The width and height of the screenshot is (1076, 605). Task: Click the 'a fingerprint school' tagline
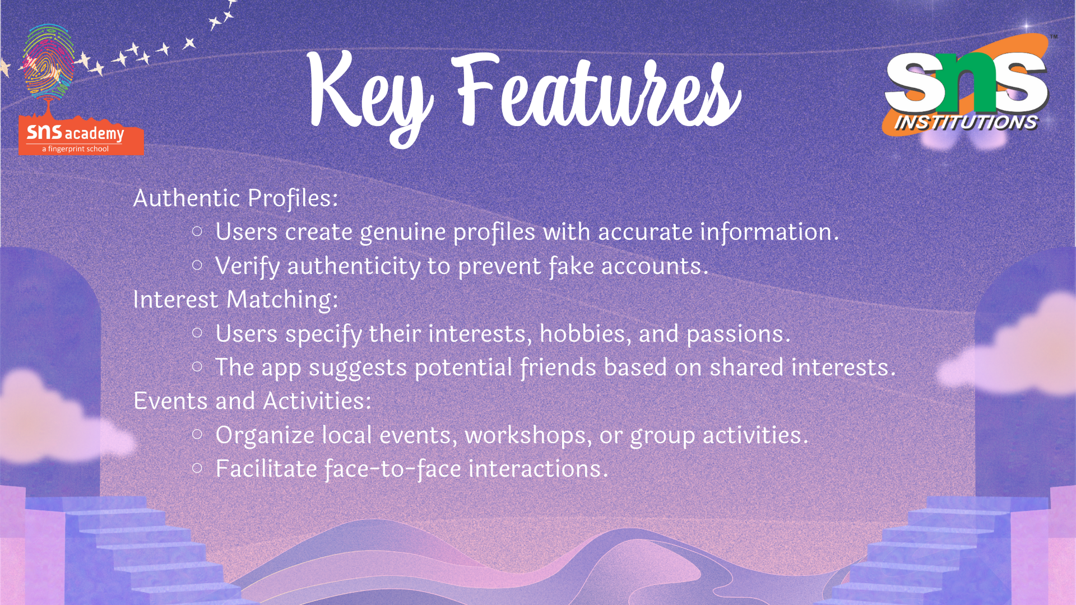(75, 149)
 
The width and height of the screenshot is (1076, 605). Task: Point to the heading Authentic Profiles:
(236, 198)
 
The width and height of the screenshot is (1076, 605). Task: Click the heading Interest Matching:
(236, 300)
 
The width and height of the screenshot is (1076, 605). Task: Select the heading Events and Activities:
(252, 401)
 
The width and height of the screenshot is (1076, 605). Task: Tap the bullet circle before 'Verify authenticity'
(197, 266)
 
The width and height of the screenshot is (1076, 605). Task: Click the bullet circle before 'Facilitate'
(197, 468)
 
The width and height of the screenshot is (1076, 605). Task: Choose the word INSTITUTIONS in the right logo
(966, 123)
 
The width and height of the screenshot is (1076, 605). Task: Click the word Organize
(265, 436)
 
